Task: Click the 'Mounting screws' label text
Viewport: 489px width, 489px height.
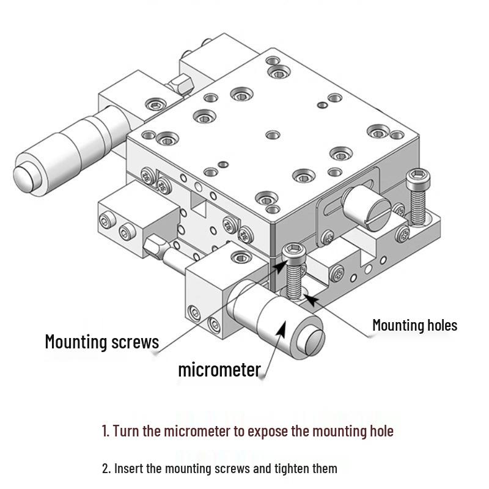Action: tap(102, 342)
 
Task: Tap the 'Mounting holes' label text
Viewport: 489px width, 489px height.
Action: tap(415, 325)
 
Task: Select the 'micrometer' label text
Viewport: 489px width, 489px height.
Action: tap(219, 370)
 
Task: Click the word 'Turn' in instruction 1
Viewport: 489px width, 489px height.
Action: tap(127, 431)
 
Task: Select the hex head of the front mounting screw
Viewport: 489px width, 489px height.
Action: tap(293, 252)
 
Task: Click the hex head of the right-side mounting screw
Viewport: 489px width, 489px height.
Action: tap(418, 178)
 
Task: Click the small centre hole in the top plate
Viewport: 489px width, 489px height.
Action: tap(273, 135)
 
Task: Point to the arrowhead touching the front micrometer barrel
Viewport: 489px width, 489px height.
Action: tap(281, 329)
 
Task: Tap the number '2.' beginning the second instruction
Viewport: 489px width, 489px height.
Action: tap(106, 468)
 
